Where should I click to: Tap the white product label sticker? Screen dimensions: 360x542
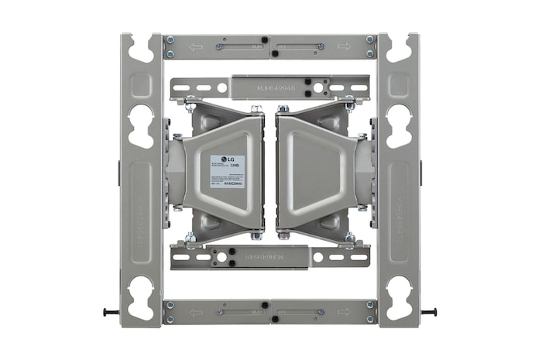pos(227,175)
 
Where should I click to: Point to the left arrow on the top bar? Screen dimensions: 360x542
pos(196,46)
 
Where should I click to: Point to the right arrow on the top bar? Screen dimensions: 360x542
pos(343,46)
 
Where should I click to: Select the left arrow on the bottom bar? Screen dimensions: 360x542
pos(196,312)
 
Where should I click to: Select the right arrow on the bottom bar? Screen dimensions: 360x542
pos(343,312)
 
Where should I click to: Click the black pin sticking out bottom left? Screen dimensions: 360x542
pos(110,312)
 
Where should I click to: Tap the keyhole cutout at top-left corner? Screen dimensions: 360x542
pos(141,48)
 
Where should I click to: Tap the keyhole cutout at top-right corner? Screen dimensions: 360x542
pos(399,48)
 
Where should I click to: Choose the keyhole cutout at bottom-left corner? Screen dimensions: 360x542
pos(141,297)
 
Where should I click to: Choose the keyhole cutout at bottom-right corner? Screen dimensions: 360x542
pos(399,297)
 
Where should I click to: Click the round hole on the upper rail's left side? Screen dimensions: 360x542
pos(222,87)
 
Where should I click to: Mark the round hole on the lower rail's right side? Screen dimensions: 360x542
pos(318,256)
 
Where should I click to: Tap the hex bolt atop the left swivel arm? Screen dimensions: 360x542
pos(256,108)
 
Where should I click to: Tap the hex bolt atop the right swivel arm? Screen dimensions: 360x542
pos(284,108)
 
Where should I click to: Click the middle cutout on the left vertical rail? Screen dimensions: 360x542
pos(141,124)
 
